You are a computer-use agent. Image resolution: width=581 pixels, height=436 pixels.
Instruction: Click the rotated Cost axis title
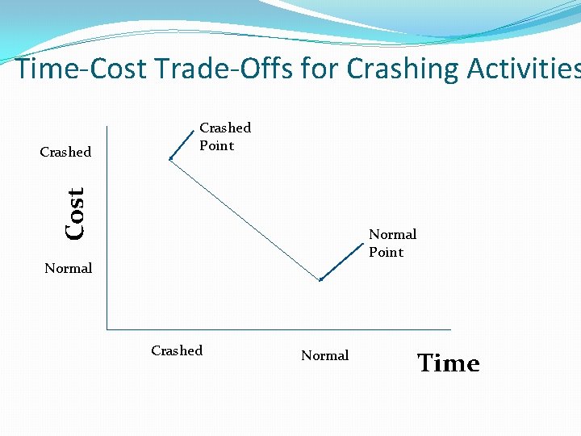(75, 213)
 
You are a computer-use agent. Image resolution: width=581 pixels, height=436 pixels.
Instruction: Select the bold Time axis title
(448, 363)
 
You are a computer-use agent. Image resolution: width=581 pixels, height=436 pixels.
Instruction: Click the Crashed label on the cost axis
(65, 152)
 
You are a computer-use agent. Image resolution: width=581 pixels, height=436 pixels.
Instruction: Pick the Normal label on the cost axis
(68, 268)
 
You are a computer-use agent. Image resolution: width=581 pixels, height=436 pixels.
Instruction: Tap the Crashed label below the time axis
(177, 350)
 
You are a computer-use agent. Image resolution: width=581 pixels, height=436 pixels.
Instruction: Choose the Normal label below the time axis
(324, 355)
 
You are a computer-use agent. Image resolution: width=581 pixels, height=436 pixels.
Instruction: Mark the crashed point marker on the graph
(170, 159)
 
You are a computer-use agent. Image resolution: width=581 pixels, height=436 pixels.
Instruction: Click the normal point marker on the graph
(320, 279)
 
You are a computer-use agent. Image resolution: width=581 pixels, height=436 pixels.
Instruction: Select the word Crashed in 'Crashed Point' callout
(225, 128)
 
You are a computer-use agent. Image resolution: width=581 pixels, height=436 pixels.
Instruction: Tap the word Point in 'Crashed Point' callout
(216, 145)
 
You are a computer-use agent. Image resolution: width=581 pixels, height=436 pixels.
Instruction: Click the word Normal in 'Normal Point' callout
(392, 234)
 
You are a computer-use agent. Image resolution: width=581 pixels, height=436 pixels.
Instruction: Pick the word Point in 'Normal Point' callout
(386, 252)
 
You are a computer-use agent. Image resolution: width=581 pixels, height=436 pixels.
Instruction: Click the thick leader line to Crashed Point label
(183, 144)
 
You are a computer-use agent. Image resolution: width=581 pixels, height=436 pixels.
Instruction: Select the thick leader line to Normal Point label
(339, 262)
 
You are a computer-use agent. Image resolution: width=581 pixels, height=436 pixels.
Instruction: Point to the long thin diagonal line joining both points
(245, 219)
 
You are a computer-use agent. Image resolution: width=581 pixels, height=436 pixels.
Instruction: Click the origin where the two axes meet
(107, 329)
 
